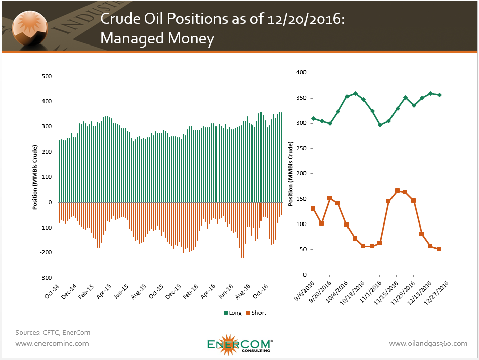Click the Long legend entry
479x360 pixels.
[x=232, y=313]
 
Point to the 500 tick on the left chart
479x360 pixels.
[x=47, y=76]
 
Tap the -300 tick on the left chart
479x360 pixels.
[x=45, y=278]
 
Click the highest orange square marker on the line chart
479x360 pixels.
[x=397, y=191]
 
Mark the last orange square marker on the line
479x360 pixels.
[x=439, y=249]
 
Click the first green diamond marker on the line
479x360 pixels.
[x=313, y=119]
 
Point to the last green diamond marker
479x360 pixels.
[x=439, y=95]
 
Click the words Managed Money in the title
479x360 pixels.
[x=157, y=38]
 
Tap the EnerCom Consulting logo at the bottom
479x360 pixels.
[x=239, y=345]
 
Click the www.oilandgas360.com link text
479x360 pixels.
[x=428, y=343]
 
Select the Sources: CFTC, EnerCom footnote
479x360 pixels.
[x=53, y=332]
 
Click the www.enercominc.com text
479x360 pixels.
[x=52, y=343]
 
